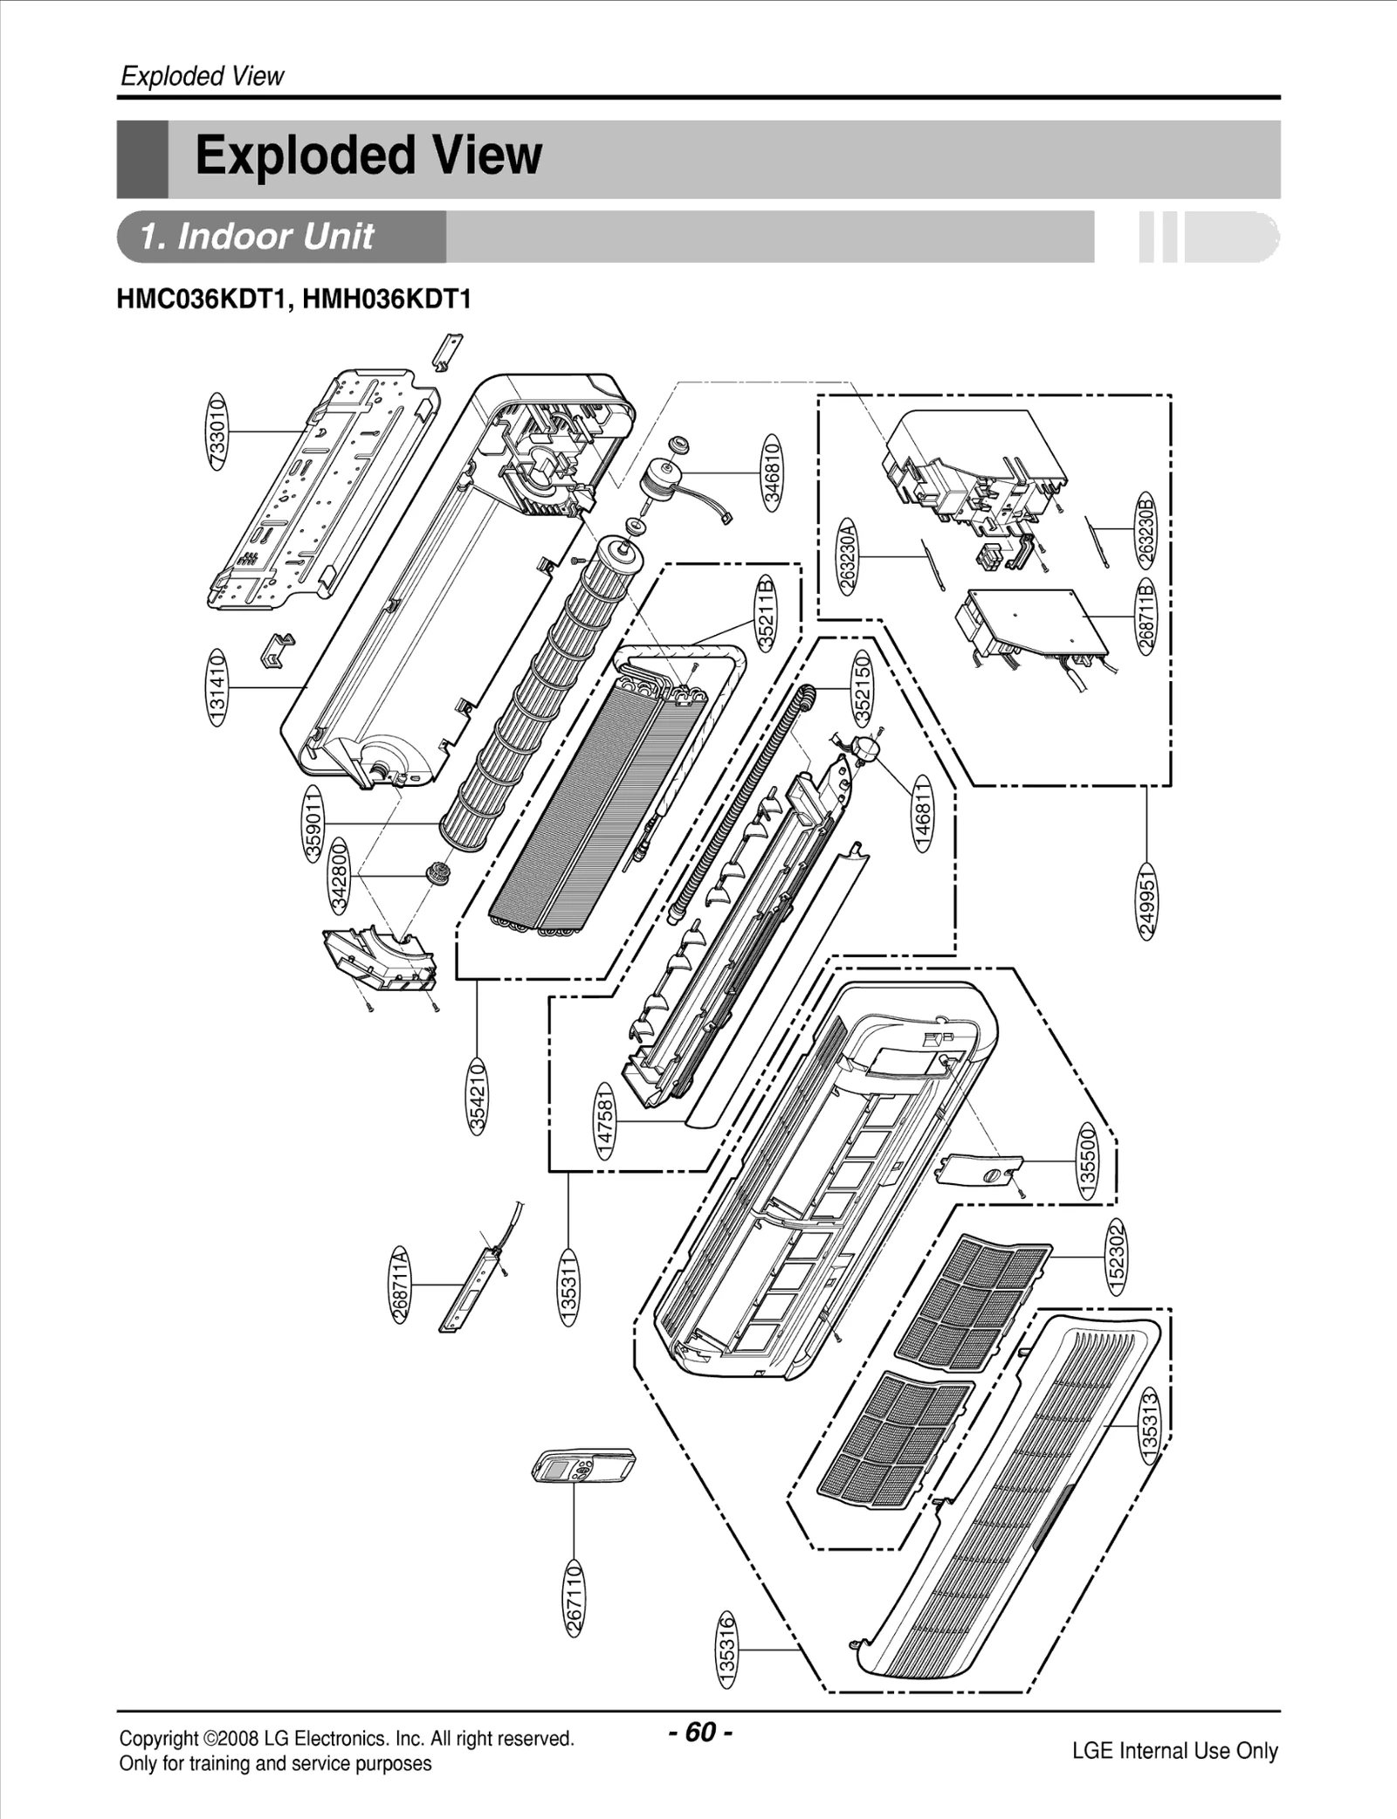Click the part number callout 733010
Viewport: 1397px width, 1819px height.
pyautogui.click(x=217, y=431)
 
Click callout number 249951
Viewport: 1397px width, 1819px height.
pyautogui.click(x=1146, y=901)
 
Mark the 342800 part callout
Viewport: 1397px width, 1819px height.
pyautogui.click(x=338, y=875)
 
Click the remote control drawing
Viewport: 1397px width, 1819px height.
pyautogui.click(x=583, y=1464)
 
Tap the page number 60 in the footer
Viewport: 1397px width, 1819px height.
pyautogui.click(x=700, y=1732)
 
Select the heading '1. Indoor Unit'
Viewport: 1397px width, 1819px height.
pyautogui.click(x=258, y=237)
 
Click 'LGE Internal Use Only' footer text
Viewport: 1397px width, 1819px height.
pyautogui.click(x=1174, y=1750)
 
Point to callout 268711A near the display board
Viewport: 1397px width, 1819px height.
pyautogui.click(x=400, y=1285)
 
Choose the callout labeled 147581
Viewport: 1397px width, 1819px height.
pyautogui.click(x=605, y=1120)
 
